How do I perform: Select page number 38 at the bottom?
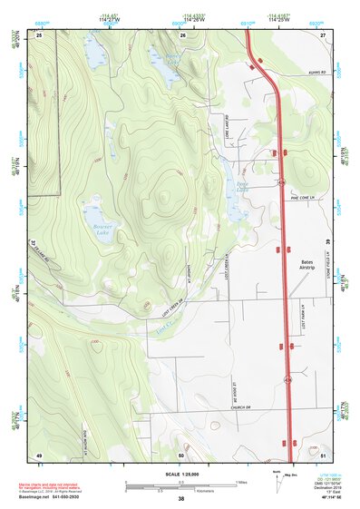[x=180, y=499]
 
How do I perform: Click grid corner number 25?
[x=40, y=35]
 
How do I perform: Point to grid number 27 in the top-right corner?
[x=323, y=35]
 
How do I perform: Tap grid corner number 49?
[x=40, y=455]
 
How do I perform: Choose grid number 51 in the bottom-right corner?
[x=323, y=455]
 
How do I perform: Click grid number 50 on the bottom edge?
[x=181, y=455]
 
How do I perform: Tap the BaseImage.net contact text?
[x=54, y=497]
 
